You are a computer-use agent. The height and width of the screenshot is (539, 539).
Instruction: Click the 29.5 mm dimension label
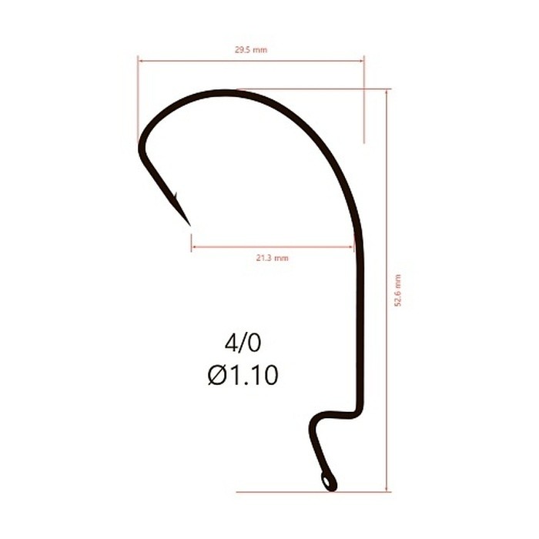tap(251, 50)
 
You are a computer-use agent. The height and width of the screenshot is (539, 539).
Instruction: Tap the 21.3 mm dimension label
tap(273, 258)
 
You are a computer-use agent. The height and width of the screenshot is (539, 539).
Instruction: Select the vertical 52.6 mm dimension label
tap(398, 290)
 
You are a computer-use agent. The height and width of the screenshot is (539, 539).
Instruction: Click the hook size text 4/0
tap(243, 343)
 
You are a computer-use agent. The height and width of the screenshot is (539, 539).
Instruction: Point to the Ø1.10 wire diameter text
tap(243, 375)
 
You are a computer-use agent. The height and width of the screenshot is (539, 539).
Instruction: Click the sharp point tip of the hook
tap(189, 226)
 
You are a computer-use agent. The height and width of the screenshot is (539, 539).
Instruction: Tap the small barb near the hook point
tap(176, 196)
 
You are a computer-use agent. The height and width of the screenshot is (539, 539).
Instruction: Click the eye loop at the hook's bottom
tap(329, 481)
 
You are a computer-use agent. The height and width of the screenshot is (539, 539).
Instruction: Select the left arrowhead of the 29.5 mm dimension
tap(140, 61)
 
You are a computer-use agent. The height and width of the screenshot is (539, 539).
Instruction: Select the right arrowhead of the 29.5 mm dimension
tap(362, 61)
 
